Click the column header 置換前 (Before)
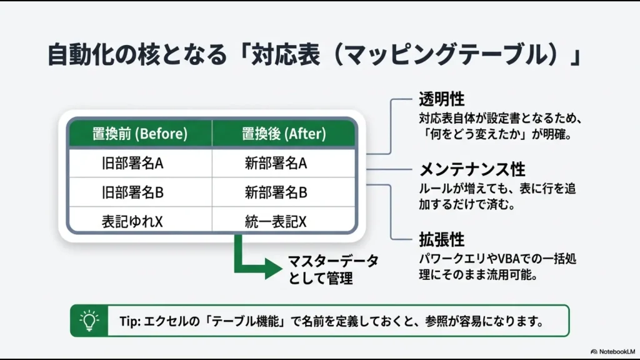[x=140, y=134]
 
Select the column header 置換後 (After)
[x=284, y=134]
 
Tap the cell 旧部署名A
[x=132, y=164]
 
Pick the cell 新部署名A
[x=276, y=164]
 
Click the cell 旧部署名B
[x=132, y=192]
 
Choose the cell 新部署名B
[x=276, y=192]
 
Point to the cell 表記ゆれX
[x=132, y=221]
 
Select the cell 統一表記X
[x=276, y=221]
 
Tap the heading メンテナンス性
[x=472, y=169]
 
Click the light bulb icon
[x=89, y=321]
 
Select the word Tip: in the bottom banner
[x=131, y=321]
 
